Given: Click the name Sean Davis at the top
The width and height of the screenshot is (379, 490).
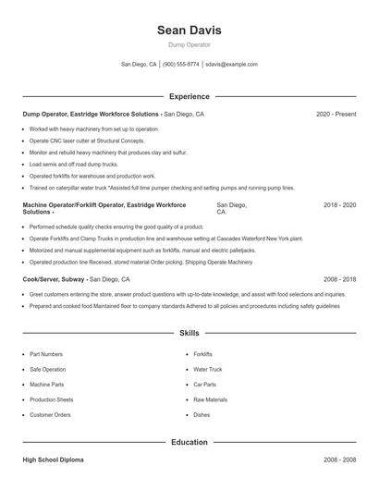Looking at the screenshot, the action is click(x=189, y=30).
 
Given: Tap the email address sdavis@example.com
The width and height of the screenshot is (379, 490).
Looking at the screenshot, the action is click(x=231, y=65).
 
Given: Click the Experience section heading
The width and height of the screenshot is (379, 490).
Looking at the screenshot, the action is click(x=189, y=96).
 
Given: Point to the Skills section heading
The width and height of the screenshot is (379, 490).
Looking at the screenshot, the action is click(x=189, y=332).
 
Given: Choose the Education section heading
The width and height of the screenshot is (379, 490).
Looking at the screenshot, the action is click(x=189, y=442).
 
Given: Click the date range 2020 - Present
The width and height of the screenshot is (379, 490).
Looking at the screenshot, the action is click(x=336, y=114).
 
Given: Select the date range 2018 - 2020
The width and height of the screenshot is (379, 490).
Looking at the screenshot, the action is click(x=339, y=204).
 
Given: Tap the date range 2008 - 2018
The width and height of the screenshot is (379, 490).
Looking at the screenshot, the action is click(x=339, y=278).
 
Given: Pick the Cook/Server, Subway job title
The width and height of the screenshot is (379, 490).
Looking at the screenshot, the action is click(x=57, y=278).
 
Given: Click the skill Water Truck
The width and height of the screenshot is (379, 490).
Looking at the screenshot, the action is click(x=208, y=369).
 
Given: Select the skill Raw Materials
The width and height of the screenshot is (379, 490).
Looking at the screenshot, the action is click(x=210, y=399).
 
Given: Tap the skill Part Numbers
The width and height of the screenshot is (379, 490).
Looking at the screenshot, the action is click(x=46, y=354).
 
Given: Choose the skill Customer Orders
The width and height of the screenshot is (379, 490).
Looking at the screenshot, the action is click(x=50, y=415).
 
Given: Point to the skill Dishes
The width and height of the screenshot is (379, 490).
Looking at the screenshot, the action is click(x=202, y=415).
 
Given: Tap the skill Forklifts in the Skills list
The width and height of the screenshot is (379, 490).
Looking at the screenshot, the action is click(x=202, y=354).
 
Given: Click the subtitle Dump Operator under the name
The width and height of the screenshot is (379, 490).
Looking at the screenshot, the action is click(x=189, y=44).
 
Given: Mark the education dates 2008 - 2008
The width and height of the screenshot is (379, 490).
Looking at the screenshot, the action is click(x=339, y=459).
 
